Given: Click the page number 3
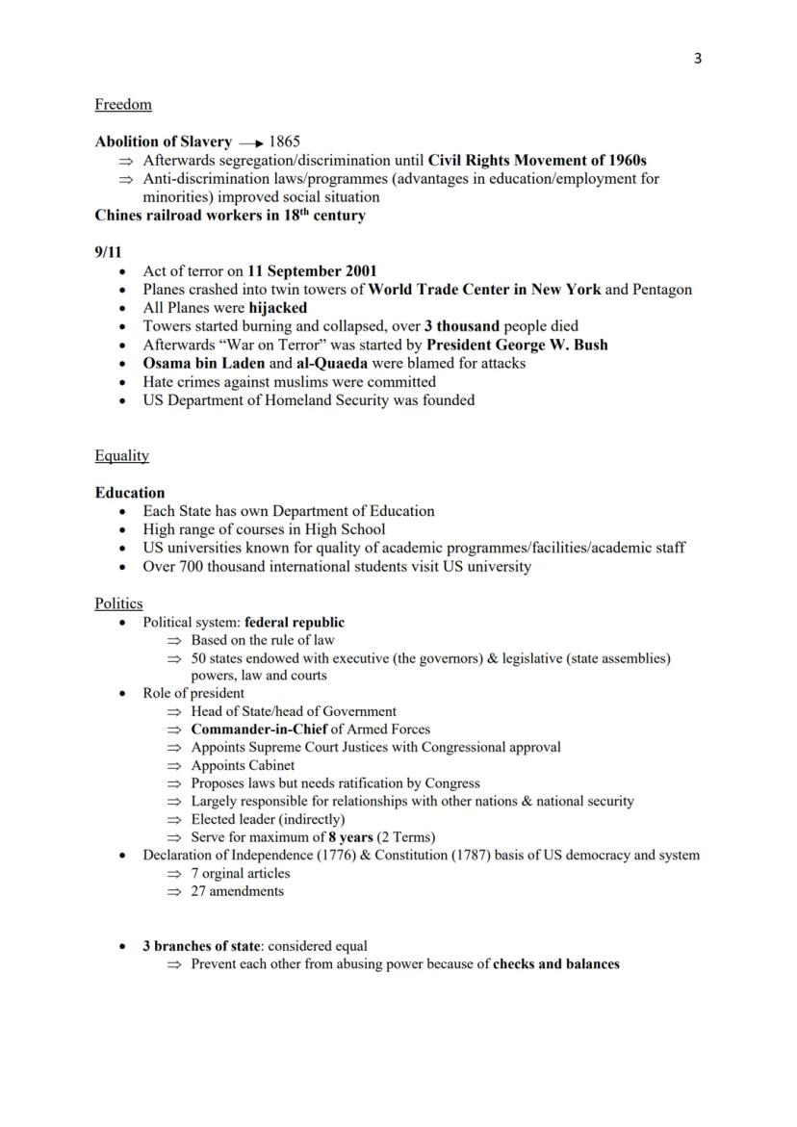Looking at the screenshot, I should [698, 59].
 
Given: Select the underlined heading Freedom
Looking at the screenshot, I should [123, 104].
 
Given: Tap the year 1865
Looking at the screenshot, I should [285, 141].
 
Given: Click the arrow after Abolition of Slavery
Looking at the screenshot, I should [251, 142].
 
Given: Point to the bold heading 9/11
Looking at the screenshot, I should [108, 252].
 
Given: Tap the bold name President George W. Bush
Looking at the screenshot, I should [517, 345].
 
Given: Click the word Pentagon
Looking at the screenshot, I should [662, 289].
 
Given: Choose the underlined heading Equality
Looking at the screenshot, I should [121, 455].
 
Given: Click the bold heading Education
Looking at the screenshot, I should [130, 493].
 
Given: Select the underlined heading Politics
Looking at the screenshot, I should [118, 603].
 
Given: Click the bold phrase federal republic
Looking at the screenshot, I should [295, 623].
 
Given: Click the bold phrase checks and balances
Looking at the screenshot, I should [555, 963].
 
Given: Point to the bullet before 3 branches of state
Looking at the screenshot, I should [122, 946].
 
